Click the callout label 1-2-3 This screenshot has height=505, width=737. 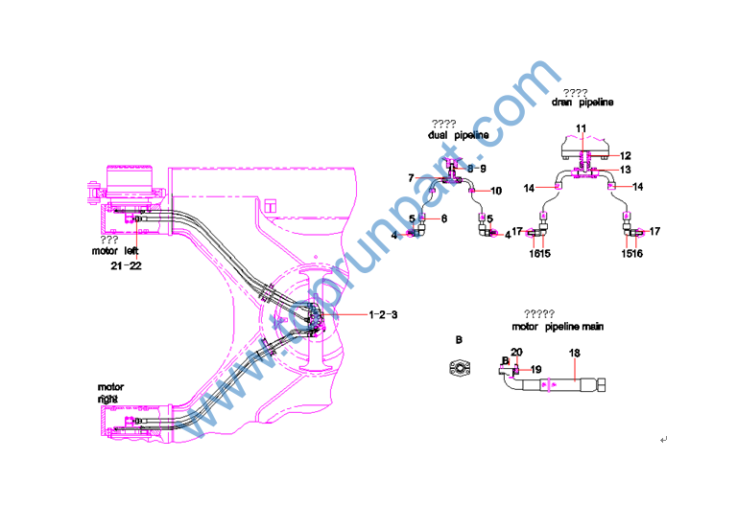[x=384, y=313]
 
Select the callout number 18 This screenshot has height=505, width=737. [x=575, y=354]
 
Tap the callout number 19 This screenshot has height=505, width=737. [x=536, y=369]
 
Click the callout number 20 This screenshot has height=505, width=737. [x=516, y=353]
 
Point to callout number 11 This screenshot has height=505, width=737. [x=581, y=127]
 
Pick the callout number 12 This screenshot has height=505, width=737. [x=625, y=155]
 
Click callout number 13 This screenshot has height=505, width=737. [x=625, y=170]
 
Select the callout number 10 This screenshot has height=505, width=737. [x=496, y=191]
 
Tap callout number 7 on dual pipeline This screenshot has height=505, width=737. [x=411, y=178]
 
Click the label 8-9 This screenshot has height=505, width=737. [x=477, y=169]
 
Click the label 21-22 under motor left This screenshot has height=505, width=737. [x=126, y=265]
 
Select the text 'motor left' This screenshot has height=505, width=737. [x=116, y=251]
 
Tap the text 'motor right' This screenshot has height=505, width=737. [x=110, y=392]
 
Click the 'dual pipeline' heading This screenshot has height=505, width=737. [x=458, y=135]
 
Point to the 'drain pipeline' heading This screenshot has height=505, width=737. [x=582, y=102]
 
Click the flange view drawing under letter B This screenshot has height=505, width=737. [x=460, y=367]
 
